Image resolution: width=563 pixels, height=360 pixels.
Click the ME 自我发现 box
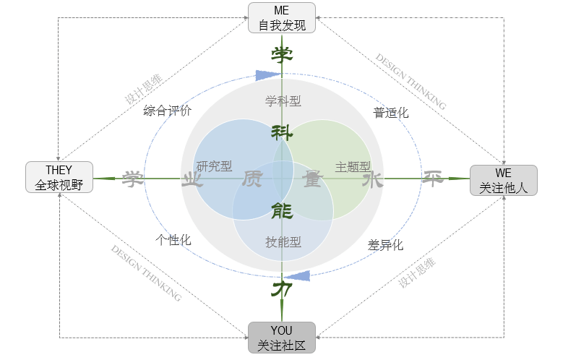point(282,18)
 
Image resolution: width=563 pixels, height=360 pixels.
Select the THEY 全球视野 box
point(59,178)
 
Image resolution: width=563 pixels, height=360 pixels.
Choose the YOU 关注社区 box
point(282,338)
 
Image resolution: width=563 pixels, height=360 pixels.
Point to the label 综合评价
point(168,111)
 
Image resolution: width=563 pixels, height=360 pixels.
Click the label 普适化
point(391,113)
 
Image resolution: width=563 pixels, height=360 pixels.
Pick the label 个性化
point(173,240)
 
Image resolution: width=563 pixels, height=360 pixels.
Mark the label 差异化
point(385,245)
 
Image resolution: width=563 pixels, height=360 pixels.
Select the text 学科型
point(283,100)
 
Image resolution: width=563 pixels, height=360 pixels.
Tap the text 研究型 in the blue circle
point(215,166)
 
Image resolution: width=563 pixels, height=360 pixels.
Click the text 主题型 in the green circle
point(353,166)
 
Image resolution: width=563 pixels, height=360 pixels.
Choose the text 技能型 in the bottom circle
point(283,241)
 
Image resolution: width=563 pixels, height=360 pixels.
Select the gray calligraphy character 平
point(433,179)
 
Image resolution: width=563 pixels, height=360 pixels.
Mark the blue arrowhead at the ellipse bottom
point(300,275)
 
